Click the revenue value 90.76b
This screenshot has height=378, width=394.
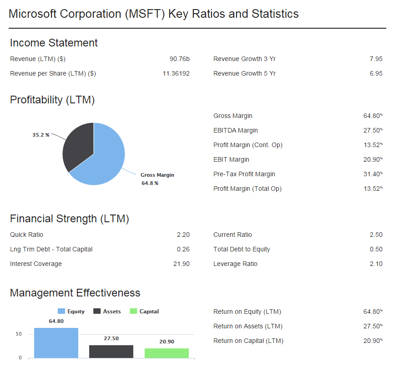click(x=179, y=59)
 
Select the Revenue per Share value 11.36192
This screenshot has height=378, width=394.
click(x=176, y=73)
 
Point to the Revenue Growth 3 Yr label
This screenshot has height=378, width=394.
click(x=244, y=59)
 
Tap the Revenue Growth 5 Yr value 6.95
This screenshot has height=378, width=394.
click(x=376, y=73)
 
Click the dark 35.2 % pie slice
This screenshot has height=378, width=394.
click(x=78, y=146)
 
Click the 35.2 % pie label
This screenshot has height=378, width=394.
click(x=41, y=135)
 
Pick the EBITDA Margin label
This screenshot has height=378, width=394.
click(x=235, y=130)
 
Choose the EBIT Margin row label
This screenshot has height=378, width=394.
click(x=231, y=159)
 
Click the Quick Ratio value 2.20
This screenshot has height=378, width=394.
click(x=183, y=235)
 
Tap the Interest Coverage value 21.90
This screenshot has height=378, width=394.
click(x=181, y=264)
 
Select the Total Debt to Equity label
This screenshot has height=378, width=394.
click(x=242, y=249)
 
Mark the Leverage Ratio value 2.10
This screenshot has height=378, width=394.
click(x=376, y=264)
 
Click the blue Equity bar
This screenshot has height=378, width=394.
click(x=56, y=342)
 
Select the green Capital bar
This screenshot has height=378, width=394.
click(x=167, y=353)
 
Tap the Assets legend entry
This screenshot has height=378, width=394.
click(x=107, y=312)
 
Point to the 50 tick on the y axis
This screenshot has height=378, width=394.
click(x=19, y=334)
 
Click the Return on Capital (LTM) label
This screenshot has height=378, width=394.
click(x=248, y=341)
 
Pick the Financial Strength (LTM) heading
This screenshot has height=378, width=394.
click(x=70, y=219)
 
